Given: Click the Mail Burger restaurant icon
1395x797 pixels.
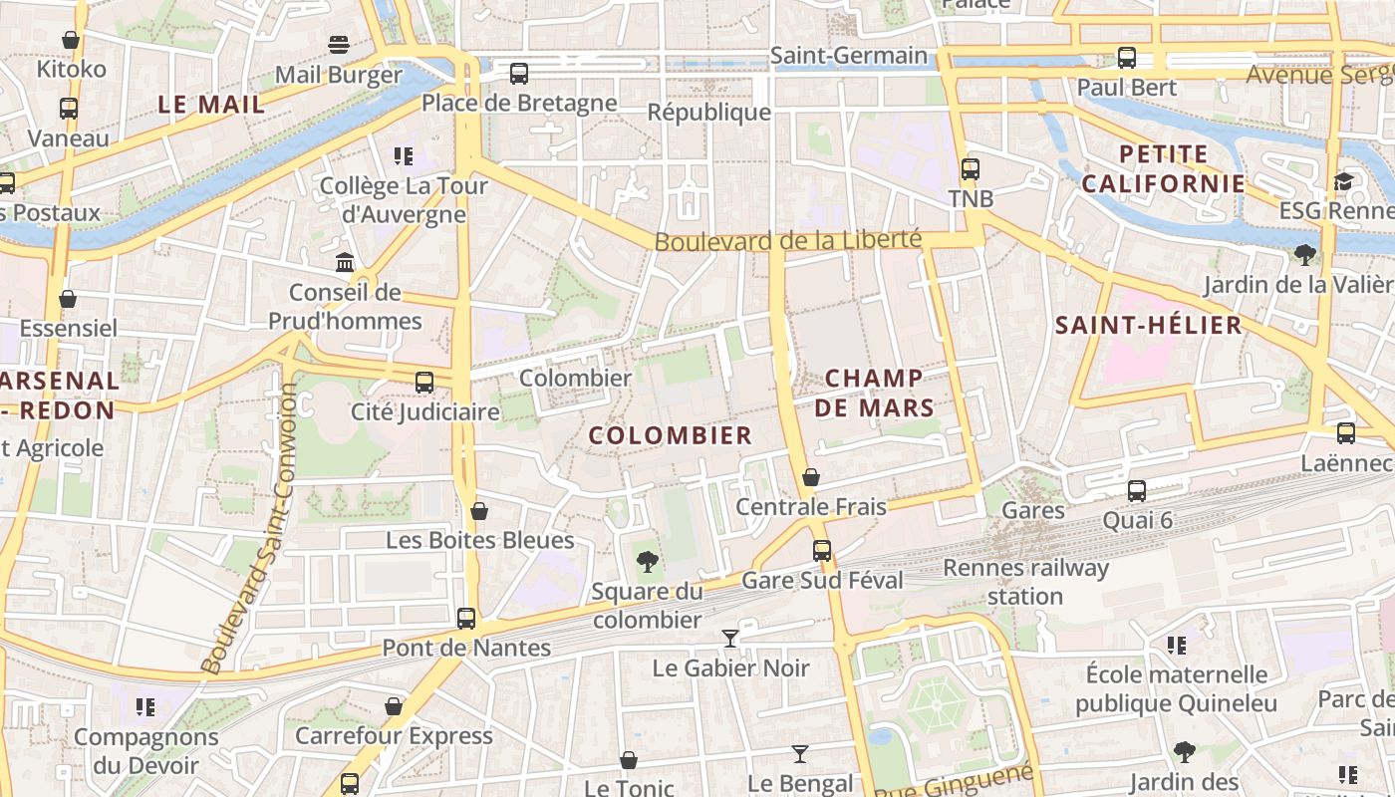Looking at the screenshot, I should click(x=339, y=45).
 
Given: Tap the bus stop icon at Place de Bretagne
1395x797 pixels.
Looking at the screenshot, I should click(x=519, y=73).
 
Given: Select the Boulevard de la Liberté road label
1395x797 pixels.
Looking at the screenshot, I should click(x=787, y=241).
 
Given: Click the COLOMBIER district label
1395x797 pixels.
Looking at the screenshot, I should click(x=670, y=435).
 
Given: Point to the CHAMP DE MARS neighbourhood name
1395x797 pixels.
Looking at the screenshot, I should click(x=874, y=393).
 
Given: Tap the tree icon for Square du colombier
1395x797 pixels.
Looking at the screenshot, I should click(x=648, y=561).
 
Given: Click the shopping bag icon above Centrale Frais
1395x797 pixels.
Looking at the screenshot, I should click(x=811, y=477).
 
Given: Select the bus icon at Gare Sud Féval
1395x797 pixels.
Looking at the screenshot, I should click(x=822, y=550).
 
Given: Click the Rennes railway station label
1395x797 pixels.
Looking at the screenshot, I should click(x=1025, y=582).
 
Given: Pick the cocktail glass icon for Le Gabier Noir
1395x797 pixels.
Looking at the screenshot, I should click(x=730, y=638).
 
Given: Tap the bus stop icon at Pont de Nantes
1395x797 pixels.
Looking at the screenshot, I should click(x=466, y=618).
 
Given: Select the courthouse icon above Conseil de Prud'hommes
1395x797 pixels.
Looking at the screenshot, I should click(x=345, y=262).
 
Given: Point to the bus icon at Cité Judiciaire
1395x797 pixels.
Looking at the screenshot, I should click(x=424, y=382).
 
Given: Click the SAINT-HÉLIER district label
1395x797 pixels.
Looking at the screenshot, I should click(x=1149, y=325).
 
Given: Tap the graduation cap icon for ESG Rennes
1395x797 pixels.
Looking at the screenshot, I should click(x=1344, y=181).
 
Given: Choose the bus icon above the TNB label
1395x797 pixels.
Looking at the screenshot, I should click(x=971, y=168).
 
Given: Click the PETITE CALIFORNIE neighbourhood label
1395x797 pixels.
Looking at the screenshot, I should click(x=1164, y=168).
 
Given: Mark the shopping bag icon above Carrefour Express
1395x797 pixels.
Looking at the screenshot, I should click(x=394, y=706).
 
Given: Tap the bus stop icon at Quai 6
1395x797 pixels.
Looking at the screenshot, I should click(x=1137, y=490).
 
